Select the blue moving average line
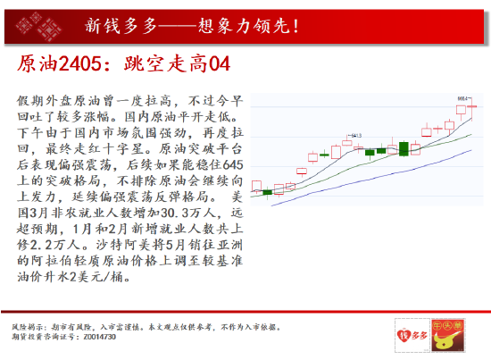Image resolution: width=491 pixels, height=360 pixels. pos(375,182)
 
